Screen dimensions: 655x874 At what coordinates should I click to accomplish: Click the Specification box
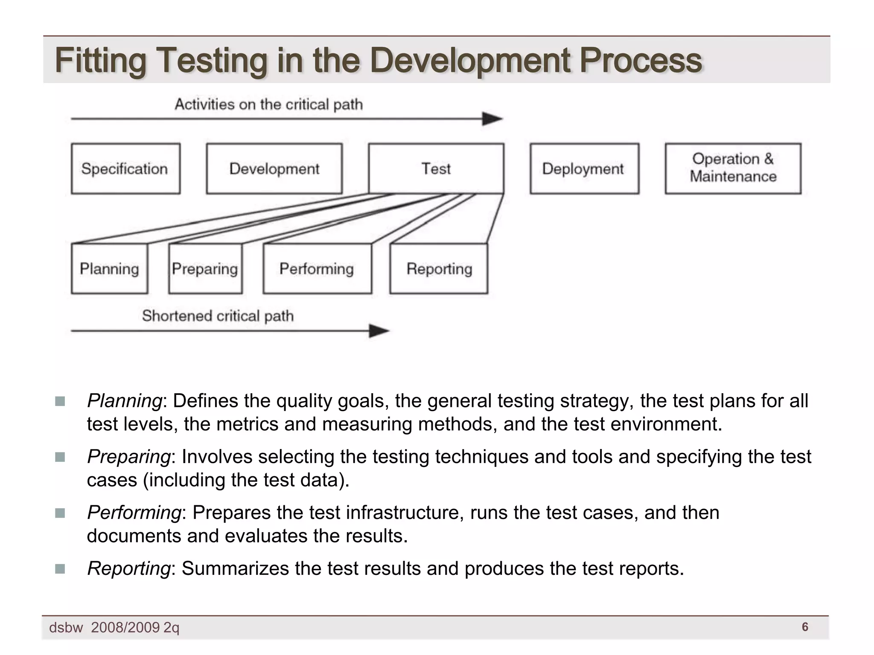point(125,169)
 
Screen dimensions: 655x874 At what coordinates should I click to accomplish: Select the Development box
point(274,169)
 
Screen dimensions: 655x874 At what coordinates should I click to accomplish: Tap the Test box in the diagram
point(436,169)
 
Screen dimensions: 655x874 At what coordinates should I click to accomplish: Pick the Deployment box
point(584,169)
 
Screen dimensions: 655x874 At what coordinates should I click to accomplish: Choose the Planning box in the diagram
point(109,269)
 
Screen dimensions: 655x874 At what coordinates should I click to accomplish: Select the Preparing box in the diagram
point(205,269)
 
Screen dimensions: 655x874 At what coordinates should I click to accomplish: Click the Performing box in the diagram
point(317,269)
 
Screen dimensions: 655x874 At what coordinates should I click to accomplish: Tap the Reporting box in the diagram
point(439,269)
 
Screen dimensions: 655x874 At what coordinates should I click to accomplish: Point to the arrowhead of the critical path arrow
point(493,119)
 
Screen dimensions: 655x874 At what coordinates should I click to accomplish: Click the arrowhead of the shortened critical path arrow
point(379,331)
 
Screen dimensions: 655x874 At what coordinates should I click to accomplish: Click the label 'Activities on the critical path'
point(269,104)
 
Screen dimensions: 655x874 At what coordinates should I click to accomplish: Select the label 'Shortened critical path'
point(218,316)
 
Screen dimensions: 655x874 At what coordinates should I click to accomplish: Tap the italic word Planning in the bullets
point(124,401)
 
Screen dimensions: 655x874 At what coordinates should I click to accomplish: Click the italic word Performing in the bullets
point(134,513)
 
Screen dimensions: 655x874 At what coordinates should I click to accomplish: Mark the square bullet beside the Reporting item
point(60,569)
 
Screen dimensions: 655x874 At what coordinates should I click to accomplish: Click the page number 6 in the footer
point(805,627)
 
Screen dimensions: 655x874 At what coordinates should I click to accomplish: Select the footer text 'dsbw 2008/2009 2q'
point(114,628)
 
